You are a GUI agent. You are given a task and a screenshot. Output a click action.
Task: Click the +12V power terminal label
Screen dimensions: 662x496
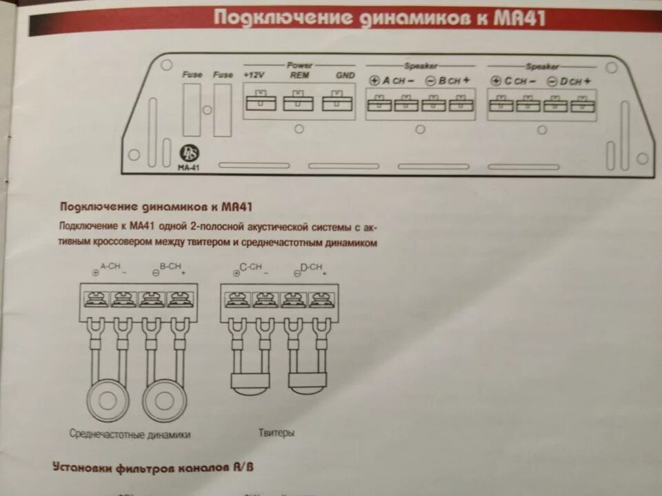[254, 74]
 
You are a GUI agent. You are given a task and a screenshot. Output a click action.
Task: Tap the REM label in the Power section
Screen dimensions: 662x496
[299, 74]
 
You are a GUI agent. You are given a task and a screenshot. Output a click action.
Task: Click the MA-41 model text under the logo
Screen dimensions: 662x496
[188, 166]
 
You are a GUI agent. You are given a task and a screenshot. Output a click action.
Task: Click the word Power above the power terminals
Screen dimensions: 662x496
[299, 65]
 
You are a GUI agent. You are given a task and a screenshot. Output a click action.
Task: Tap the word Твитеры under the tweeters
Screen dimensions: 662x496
[277, 433]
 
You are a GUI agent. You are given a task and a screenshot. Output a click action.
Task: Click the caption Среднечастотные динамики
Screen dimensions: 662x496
[130, 434]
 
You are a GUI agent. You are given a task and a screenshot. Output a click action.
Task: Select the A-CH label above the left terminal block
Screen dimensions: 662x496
[111, 265]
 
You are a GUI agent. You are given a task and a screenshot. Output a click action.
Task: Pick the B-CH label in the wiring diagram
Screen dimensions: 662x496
[170, 265]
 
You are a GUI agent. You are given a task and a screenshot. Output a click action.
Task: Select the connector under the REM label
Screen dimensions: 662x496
[299, 101]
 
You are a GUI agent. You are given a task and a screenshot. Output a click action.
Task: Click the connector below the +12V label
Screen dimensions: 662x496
[260, 101]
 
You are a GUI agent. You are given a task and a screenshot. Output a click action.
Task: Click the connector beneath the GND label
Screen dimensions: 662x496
[337, 101]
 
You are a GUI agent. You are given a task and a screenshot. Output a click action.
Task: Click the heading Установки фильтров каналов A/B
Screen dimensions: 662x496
[153, 467]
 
